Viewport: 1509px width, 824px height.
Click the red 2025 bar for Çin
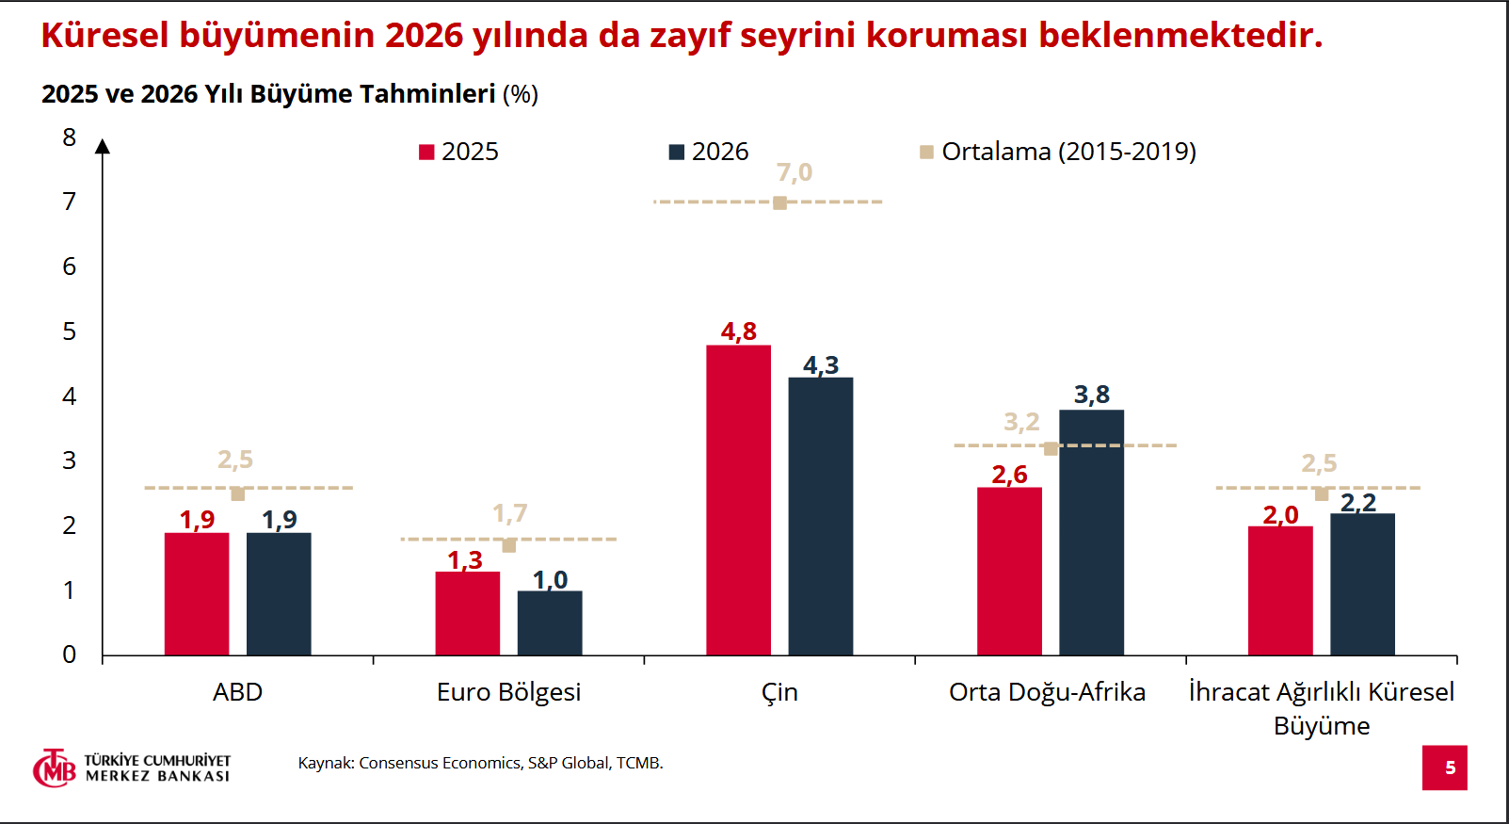[738, 499]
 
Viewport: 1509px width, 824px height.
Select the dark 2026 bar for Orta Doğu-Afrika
[1091, 532]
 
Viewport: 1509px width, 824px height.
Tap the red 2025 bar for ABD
[197, 593]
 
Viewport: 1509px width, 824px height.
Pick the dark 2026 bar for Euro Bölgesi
[550, 622]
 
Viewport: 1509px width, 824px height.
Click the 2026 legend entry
[709, 152]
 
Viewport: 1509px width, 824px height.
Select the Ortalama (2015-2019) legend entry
[1058, 152]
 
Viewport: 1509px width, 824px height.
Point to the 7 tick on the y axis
[70, 202]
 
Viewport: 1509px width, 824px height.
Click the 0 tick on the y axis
[70, 654]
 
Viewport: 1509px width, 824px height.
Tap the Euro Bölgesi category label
[508, 692]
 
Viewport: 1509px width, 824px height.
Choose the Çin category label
[779, 692]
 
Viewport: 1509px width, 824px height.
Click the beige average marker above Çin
[779, 202]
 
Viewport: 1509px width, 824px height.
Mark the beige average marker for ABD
[237, 493]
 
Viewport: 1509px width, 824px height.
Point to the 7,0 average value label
[794, 173]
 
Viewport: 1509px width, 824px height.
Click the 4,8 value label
[738, 331]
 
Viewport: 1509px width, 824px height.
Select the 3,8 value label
[1091, 395]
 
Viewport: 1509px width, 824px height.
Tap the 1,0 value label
[550, 579]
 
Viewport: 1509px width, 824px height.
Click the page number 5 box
[1444, 767]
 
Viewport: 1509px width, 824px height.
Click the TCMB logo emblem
[54, 768]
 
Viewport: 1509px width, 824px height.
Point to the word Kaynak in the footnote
[325, 763]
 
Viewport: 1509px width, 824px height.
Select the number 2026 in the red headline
[424, 36]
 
